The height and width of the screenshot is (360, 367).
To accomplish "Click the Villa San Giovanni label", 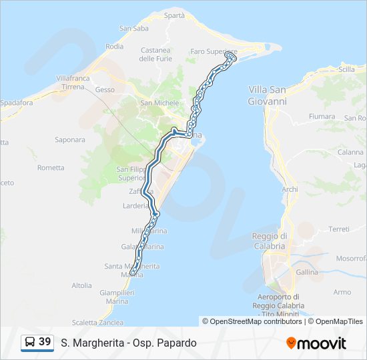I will pos(267,95).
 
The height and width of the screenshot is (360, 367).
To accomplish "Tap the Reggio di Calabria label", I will pos(270,241).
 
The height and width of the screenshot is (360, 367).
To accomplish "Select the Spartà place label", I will pos(173,15).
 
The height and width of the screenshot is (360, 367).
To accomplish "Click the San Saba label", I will pos(133,28).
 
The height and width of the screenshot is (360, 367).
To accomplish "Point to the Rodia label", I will pos(114,47).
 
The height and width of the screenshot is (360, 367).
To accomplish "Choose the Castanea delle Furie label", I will pos(155,55).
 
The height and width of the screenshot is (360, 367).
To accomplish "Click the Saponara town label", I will pos(70,140).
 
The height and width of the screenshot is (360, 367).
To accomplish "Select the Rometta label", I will pos(51,168).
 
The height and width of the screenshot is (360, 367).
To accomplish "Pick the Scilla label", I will pos(346,69).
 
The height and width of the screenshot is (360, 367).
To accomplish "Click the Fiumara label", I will pos(322,117).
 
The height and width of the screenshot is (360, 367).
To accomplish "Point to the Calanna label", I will pos(350,152).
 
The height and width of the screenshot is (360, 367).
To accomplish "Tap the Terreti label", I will pos(339,229).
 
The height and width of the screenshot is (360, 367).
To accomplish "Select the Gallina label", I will pos(307,273).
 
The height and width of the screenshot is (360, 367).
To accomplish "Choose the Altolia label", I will pos(81,285).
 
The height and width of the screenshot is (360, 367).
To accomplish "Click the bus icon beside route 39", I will pos(30,343).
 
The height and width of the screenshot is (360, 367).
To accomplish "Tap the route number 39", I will pos(45,342).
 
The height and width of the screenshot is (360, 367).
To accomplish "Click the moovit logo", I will pos(316,343).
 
